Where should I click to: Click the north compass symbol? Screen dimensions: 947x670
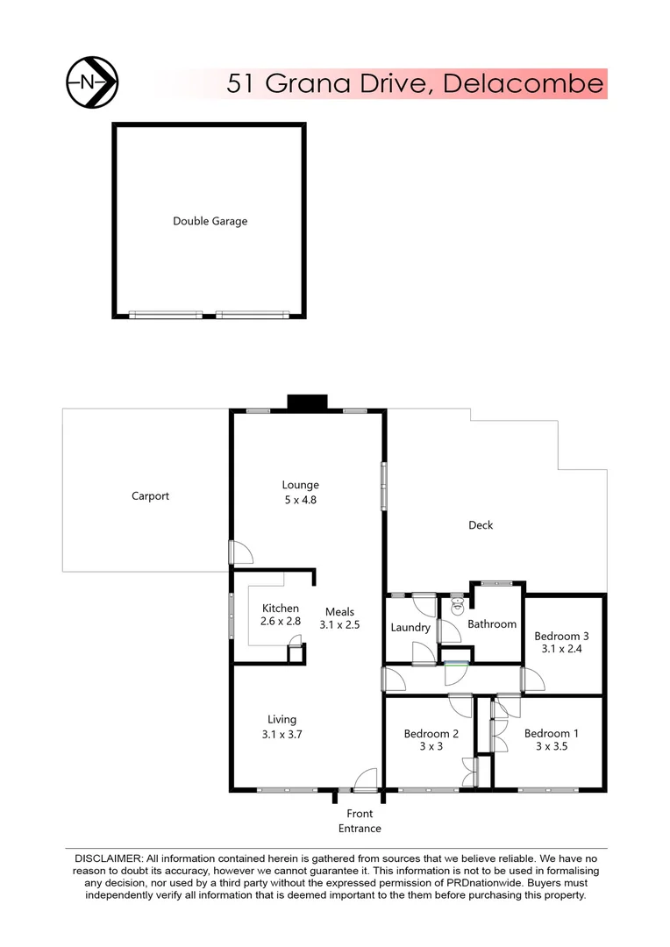[92, 82]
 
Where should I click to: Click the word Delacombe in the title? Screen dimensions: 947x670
[524, 83]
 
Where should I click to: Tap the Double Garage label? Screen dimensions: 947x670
[210, 221]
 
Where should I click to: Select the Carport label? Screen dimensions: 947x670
[150, 495]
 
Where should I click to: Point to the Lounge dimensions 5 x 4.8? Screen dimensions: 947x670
[300, 501]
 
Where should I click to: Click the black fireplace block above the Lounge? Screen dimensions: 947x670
[307, 402]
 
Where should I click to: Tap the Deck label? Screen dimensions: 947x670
[481, 525]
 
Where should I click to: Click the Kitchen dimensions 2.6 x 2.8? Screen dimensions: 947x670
[281, 621]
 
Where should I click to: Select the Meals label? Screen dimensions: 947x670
[339, 611]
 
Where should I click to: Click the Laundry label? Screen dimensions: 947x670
[410, 627]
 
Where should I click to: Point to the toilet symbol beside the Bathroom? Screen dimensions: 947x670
[456, 605]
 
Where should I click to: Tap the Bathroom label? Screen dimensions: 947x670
[491, 623]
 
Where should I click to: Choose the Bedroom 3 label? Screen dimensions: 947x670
[561, 636]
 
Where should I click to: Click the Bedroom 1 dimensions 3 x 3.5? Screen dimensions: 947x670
[552, 748]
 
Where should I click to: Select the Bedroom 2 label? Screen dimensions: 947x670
[431, 733]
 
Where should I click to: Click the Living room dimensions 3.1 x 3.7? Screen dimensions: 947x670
[282, 735]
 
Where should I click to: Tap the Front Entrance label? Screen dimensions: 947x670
[360, 821]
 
